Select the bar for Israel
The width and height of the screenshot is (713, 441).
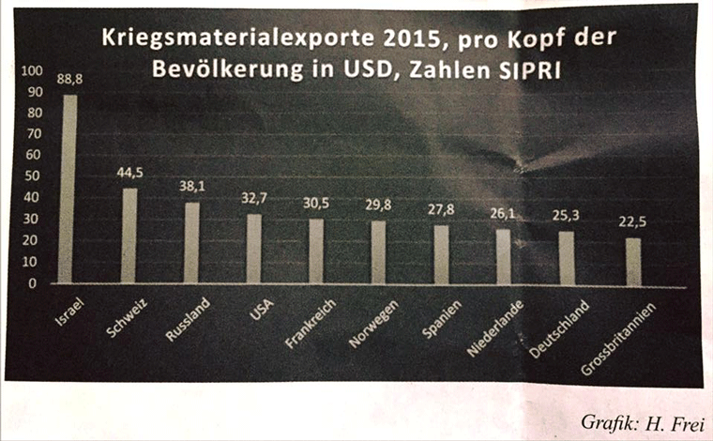pos(68,188)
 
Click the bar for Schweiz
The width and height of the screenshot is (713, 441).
pos(129,235)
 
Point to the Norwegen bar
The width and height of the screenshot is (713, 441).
pos(378,251)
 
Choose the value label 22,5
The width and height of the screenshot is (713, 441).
pos(634,224)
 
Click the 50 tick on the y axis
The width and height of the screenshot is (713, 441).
pos(34,176)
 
